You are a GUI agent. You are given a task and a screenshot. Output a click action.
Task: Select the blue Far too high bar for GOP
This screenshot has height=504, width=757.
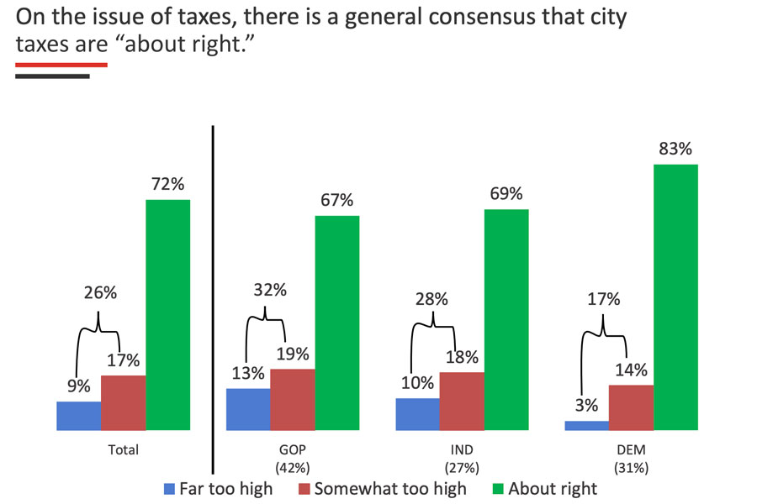point(248,409)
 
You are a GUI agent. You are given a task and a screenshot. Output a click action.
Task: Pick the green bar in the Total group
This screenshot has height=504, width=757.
point(168,315)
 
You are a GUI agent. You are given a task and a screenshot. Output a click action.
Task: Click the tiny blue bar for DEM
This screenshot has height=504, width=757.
point(586,425)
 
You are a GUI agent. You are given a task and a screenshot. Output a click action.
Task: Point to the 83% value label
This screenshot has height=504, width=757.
point(675,150)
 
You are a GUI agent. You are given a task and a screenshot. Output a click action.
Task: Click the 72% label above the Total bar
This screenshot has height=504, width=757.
point(167,185)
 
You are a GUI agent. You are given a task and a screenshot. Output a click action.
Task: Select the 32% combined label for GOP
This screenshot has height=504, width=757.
point(269,291)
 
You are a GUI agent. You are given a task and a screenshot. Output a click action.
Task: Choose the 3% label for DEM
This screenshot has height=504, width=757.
point(586,406)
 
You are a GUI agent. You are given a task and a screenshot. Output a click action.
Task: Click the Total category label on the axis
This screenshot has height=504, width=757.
point(124,450)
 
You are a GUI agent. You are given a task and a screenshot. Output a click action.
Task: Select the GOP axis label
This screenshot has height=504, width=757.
point(293,450)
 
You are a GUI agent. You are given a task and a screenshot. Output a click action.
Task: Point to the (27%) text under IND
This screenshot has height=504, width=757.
point(462,467)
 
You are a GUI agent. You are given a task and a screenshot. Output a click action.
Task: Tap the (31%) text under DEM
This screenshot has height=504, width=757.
point(631,467)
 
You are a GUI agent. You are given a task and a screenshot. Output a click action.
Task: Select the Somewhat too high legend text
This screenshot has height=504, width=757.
point(389,488)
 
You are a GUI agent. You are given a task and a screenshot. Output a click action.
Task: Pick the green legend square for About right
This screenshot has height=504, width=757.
point(497,488)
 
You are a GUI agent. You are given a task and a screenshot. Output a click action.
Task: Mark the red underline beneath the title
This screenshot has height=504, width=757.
point(61,64)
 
